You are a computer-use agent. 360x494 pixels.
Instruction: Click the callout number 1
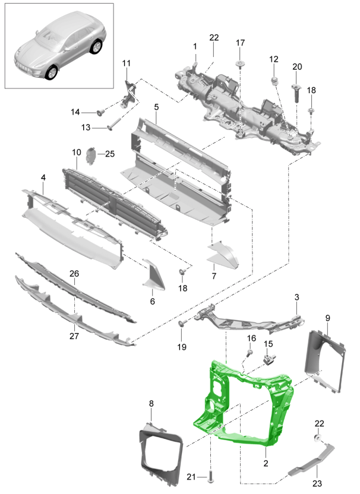194,46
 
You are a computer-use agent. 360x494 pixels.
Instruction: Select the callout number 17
240,43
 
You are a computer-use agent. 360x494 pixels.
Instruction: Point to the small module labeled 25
91,156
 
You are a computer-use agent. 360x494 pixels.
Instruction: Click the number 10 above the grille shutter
77,153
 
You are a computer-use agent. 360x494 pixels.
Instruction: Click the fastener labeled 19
181,324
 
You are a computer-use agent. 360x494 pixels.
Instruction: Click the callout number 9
327,318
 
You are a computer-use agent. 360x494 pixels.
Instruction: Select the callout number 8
151,404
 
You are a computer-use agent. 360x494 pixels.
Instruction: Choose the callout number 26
74,274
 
